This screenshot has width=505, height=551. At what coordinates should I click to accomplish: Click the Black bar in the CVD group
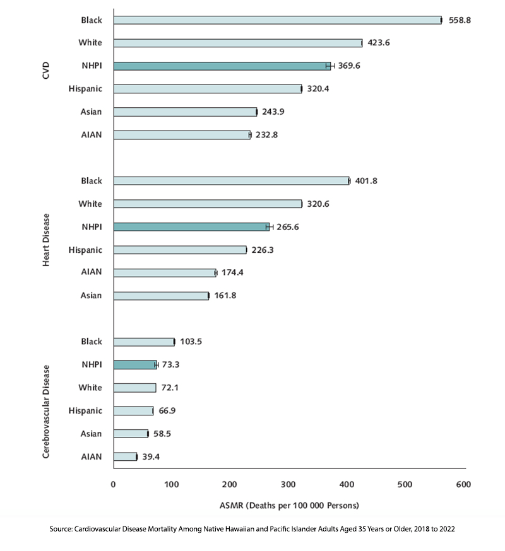tap(277, 20)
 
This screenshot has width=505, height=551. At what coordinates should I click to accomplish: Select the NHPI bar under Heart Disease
tap(191, 227)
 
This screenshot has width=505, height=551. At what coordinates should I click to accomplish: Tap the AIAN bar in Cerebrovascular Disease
tap(125, 457)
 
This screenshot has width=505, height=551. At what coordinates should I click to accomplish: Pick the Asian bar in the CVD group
tap(185, 112)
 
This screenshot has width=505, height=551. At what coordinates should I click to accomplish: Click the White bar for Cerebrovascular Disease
tap(135, 388)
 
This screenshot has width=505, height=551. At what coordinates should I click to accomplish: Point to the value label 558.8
tap(460, 20)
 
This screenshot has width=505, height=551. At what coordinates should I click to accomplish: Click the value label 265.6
tap(287, 227)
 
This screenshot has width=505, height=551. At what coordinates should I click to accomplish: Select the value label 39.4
tap(151, 457)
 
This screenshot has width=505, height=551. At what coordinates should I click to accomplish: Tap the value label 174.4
tap(232, 272)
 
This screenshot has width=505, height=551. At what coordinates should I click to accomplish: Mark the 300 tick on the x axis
tap(288, 484)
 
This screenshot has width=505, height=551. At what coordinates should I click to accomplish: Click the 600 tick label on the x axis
tap(463, 484)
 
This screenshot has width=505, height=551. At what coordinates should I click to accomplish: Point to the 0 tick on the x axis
tap(114, 484)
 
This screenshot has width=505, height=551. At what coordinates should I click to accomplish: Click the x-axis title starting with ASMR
tap(289, 506)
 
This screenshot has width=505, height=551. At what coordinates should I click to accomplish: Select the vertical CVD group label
tap(45, 70)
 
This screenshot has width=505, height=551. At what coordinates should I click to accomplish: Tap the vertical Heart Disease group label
tap(45, 240)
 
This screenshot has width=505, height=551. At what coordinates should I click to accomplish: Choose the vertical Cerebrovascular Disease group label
tap(45, 412)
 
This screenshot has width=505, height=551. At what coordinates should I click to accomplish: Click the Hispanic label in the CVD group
tap(85, 88)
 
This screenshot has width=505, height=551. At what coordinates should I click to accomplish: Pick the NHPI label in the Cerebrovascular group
tap(92, 364)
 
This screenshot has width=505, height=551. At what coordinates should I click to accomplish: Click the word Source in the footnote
tap(61, 529)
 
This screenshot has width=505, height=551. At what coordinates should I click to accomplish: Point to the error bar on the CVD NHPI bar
tap(330, 66)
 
